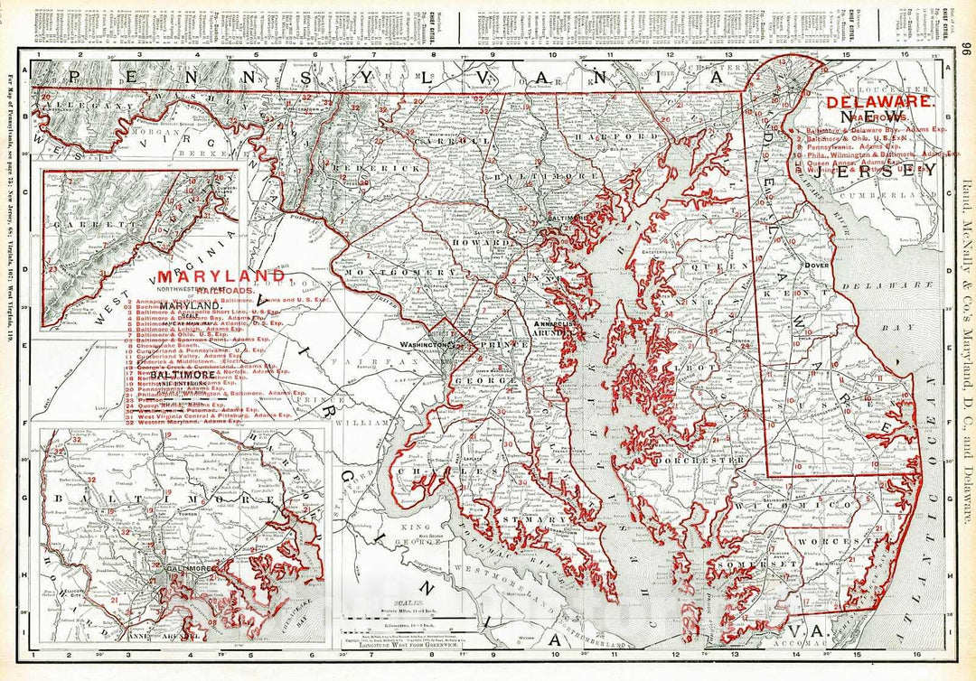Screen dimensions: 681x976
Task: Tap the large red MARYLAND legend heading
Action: coord(221,275)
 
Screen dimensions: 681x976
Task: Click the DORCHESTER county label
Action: coord(710,460)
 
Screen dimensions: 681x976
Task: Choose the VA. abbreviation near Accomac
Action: coord(797,630)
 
